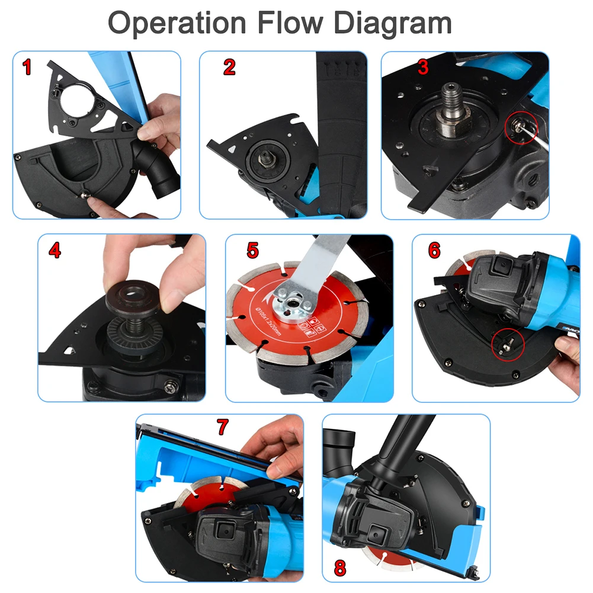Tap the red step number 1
(27, 67)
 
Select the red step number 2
(229, 67)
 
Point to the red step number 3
(422, 67)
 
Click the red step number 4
(55, 251)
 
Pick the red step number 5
(253, 251)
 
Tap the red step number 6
(434, 251)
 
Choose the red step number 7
(222, 426)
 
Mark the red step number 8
(339, 568)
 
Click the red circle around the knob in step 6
(508, 344)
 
